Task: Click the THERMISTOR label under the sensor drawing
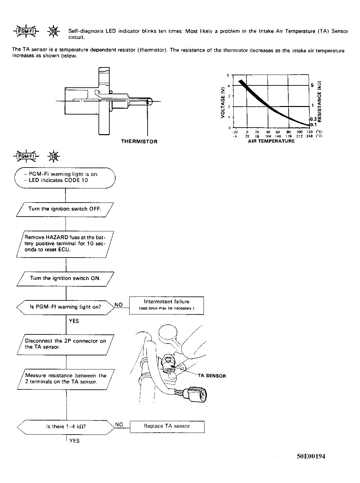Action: pos(139,142)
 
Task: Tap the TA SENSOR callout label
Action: pos(212,376)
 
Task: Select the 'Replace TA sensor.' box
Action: pos(167,426)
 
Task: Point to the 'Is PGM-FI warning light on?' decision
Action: pos(65,307)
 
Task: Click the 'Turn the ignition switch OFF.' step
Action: pos(65,209)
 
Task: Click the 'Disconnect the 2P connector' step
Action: pos(65,344)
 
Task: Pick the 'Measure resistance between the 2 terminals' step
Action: pos(65,379)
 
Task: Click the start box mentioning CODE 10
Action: pos(65,177)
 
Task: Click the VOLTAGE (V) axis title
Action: pos(223,102)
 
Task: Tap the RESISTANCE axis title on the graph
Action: pos(320,101)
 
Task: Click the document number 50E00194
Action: pos(311,456)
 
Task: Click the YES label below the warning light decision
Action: pos(74,321)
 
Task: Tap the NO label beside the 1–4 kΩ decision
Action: pos(119,424)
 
